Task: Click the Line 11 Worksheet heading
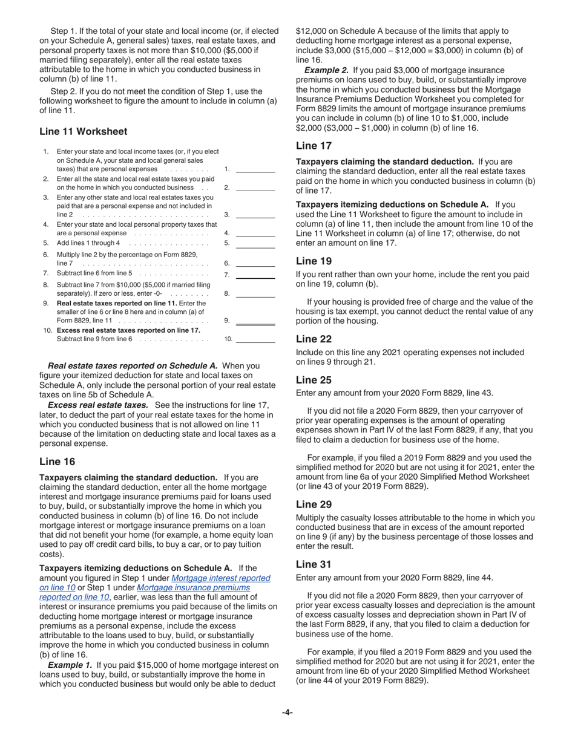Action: [x=84, y=131]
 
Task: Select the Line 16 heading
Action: [x=57, y=462]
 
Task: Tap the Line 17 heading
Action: [x=314, y=145]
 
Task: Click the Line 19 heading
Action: [x=314, y=261]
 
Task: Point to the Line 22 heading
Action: [x=314, y=339]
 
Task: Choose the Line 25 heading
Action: [x=314, y=380]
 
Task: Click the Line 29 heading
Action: [x=314, y=504]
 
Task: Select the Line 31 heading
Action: [x=314, y=564]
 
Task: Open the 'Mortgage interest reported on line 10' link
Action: [x=221, y=578]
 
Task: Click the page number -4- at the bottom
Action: [x=287, y=712]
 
